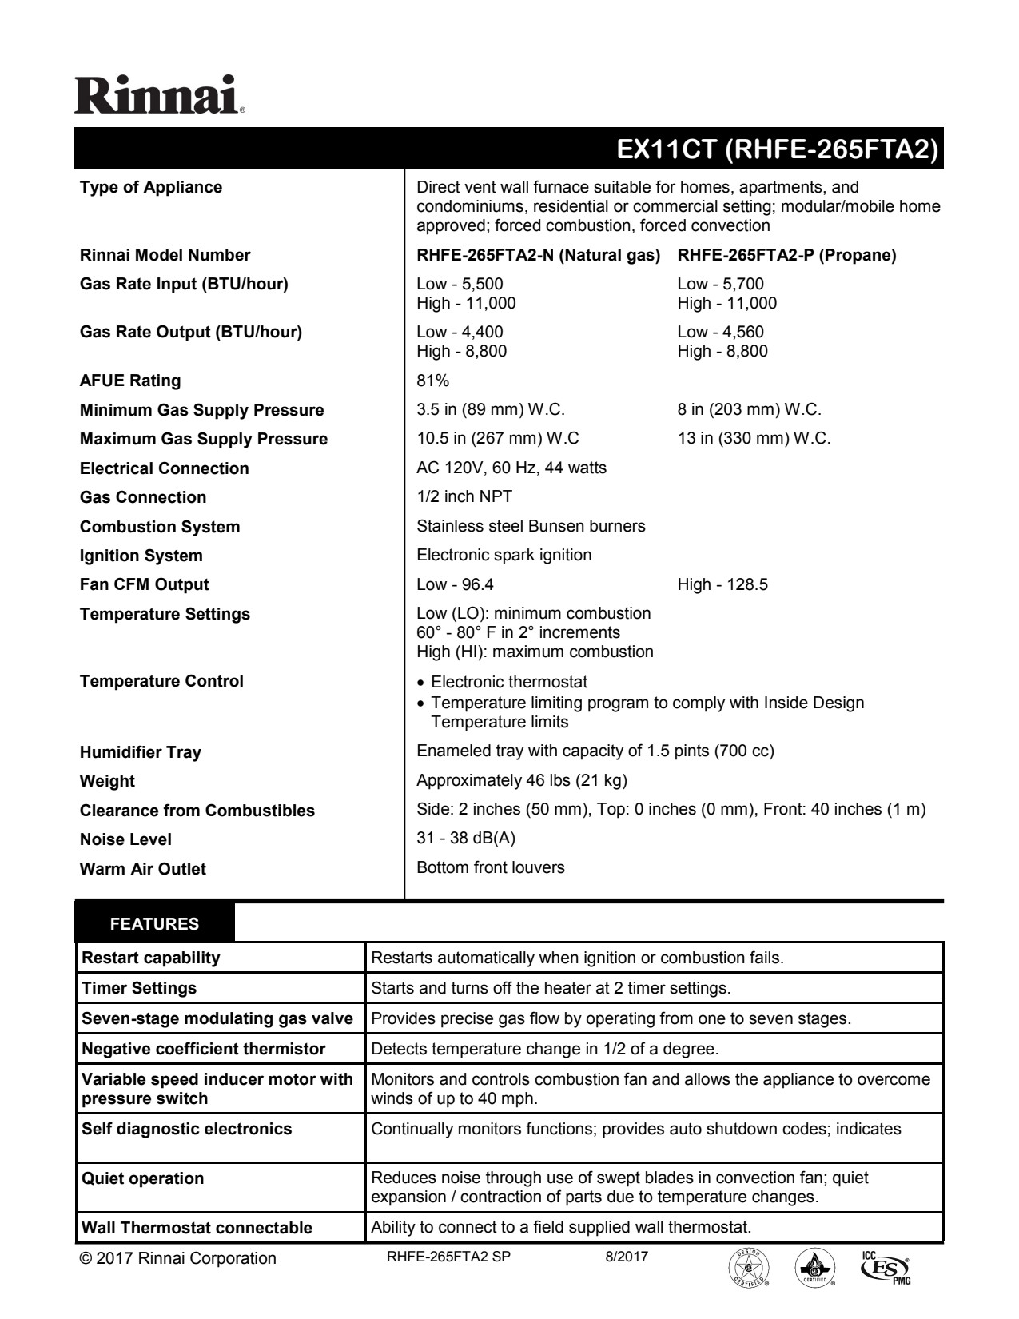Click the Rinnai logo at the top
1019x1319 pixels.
[x=159, y=95]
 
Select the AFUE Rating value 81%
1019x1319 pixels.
[x=432, y=381]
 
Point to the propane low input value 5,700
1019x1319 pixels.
[x=720, y=284]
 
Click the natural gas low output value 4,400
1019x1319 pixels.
[x=460, y=332]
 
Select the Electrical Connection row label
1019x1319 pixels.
[x=164, y=468]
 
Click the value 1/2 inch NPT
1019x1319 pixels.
[x=464, y=496]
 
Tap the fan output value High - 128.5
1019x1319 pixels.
[x=722, y=584]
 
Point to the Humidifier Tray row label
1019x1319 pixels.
[x=140, y=752]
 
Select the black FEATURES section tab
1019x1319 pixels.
[x=154, y=924]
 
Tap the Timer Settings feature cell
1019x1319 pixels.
[x=139, y=988]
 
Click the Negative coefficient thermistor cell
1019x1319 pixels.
[x=204, y=1049]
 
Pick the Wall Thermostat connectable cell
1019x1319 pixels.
[x=197, y=1227]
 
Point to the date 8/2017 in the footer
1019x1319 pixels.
[x=627, y=1257]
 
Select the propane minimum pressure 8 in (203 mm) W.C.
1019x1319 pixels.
[x=749, y=410]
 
